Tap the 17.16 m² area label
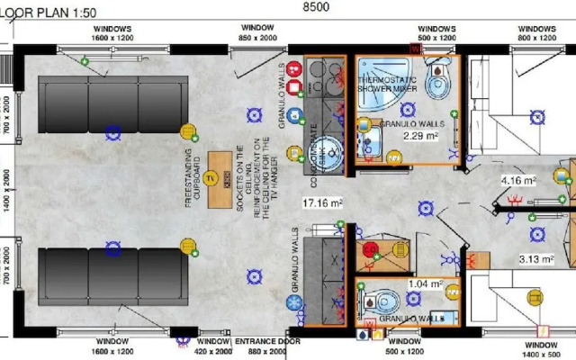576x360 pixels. [322, 202]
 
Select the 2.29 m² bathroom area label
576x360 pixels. [419, 137]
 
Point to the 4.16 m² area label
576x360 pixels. [518, 180]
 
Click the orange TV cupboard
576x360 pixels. [219, 177]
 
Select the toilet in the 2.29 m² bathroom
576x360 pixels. [436, 82]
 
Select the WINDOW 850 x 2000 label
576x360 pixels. [257, 33]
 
